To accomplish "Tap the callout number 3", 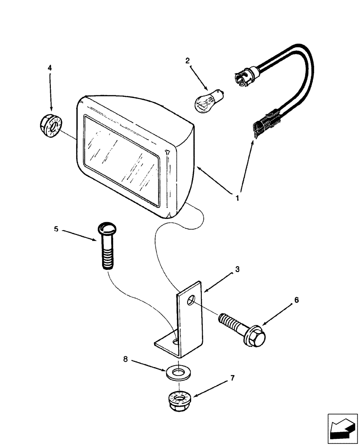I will (x=237, y=269).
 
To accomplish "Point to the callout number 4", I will (x=50, y=68).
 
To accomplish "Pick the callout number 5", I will (x=56, y=229).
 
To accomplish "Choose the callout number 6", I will (x=297, y=300).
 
